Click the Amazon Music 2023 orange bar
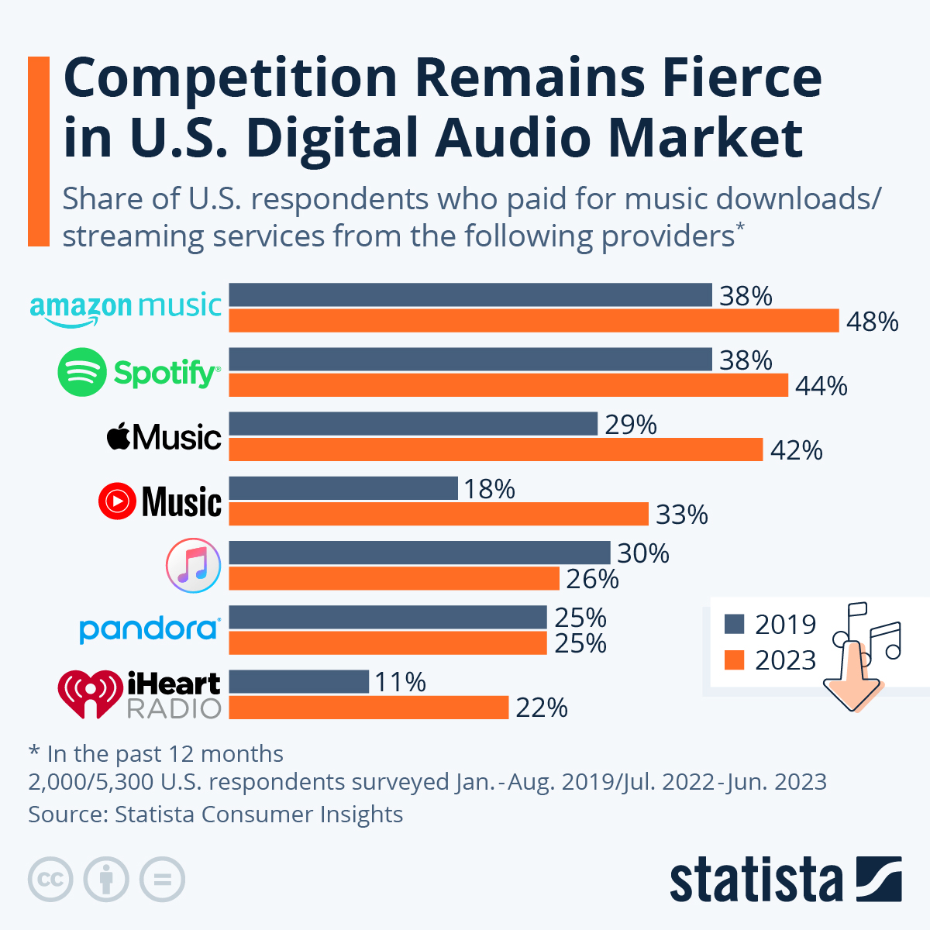[x=533, y=320]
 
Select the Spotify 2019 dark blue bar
[x=470, y=360]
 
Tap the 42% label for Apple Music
[x=796, y=450]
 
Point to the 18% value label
[x=490, y=489]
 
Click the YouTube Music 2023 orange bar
[x=439, y=514]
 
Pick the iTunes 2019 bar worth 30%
[x=419, y=553]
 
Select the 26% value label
[x=592, y=579]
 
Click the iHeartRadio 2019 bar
[x=298, y=681]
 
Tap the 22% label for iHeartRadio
[x=541, y=708]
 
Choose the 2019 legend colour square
[x=734, y=624]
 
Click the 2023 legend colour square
[x=734, y=660]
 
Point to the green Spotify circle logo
[x=81, y=373]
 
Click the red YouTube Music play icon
[x=117, y=501]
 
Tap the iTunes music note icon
[x=194, y=565]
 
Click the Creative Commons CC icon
[x=50, y=880]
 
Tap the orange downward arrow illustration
[x=852, y=678]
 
